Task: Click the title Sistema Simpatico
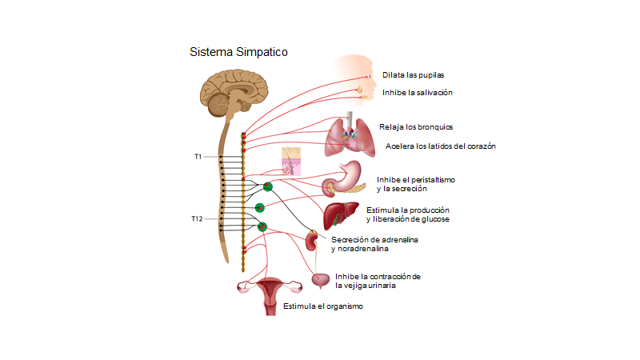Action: pyautogui.click(x=238, y=52)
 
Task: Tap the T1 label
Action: pyautogui.click(x=198, y=157)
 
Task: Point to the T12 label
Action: pyautogui.click(x=197, y=218)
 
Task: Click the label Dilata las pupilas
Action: pyautogui.click(x=413, y=74)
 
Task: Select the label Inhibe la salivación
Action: pyautogui.click(x=418, y=92)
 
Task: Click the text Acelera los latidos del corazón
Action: pyautogui.click(x=441, y=146)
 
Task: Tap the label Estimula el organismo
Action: pyautogui.click(x=323, y=306)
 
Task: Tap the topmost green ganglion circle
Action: pyautogui.click(x=268, y=186)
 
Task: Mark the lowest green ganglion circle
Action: pyautogui.click(x=261, y=227)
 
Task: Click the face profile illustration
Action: pyautogui.click(x=357, y=78)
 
